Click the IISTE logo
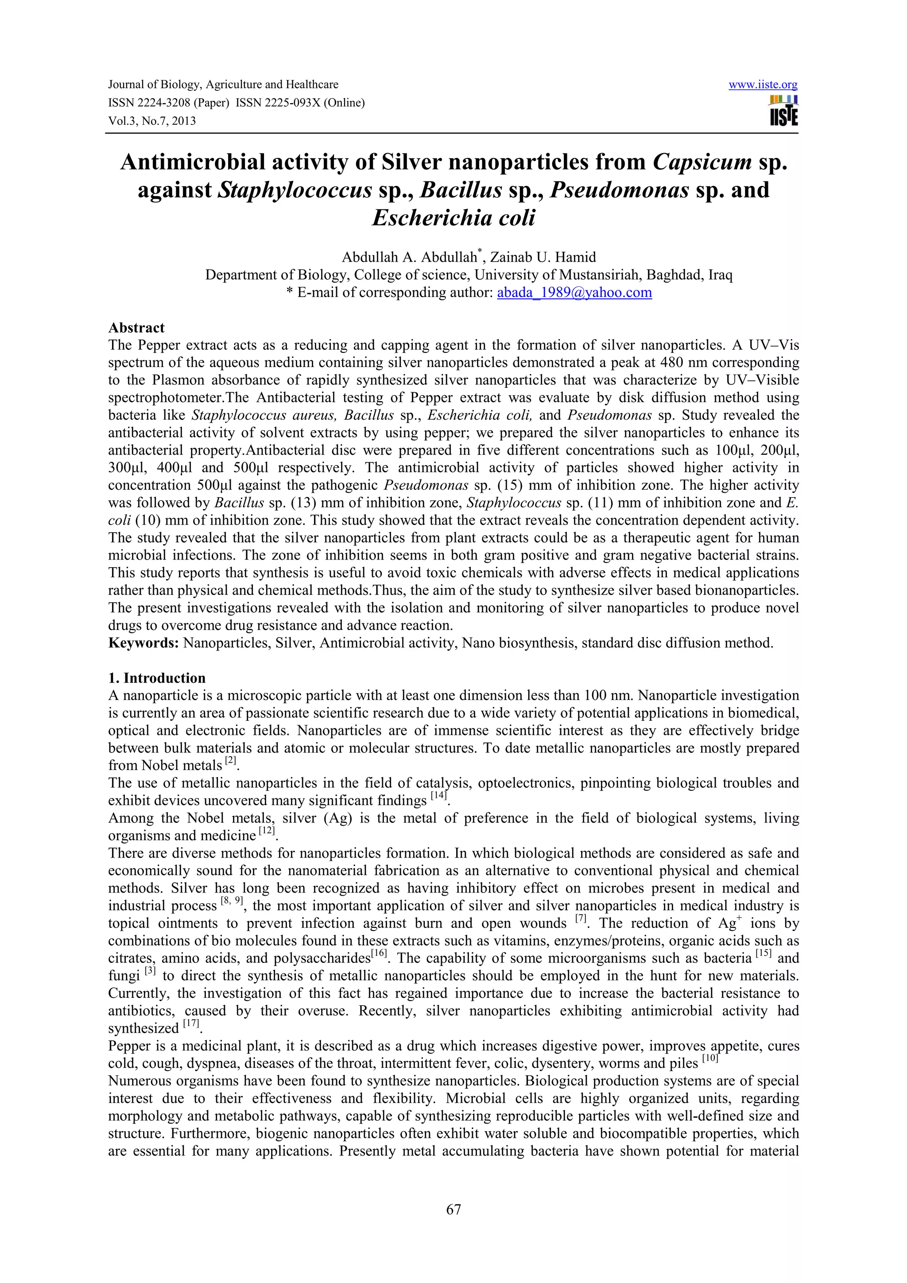(783, 111)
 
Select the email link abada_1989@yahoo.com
(574, 292)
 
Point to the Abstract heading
(136, 328)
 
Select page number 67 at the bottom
(453, 1209)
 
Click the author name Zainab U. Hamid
(543, 257)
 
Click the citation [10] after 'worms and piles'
(710, 1059)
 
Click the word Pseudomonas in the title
(619, 190)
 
